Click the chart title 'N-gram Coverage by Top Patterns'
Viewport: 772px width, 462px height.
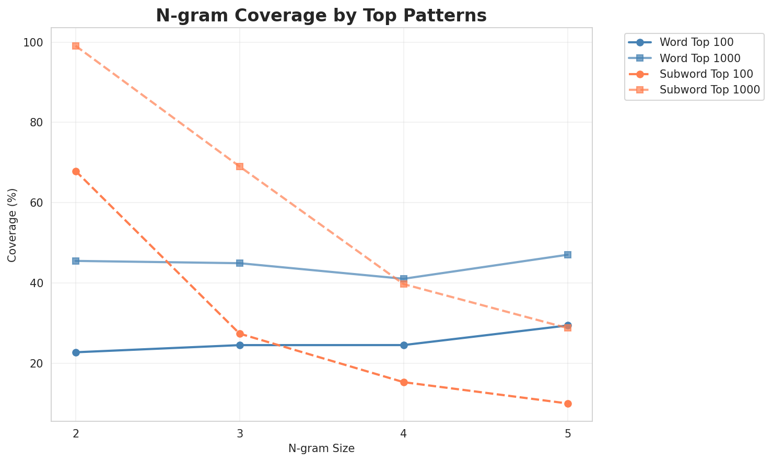click(x=321, y=16)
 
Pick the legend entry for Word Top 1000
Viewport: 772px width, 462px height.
click(x=700, y=58)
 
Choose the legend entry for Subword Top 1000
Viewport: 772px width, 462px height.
click(x=709, y=89)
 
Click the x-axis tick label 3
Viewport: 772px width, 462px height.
click(x=240, y=433)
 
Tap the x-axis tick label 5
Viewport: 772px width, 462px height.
click(x=568, y=433)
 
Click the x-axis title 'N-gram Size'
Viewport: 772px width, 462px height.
click(x=321, y=448)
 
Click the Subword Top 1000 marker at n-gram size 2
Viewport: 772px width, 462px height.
click(x=76, y=46)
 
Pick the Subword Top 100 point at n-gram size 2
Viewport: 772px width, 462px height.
click(x=76, y=171)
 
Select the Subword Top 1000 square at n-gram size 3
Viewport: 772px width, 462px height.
click(x=240, y=167)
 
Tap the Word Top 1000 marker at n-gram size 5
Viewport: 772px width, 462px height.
click(x=568, y=255)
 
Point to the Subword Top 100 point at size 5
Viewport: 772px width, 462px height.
click(x=568, y=404)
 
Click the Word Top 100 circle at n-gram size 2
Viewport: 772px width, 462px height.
click(x=76, y=352)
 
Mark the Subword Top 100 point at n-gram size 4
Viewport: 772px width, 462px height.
click(x=404, y=382)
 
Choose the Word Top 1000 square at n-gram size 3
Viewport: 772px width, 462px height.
click(x=240, y=263)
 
